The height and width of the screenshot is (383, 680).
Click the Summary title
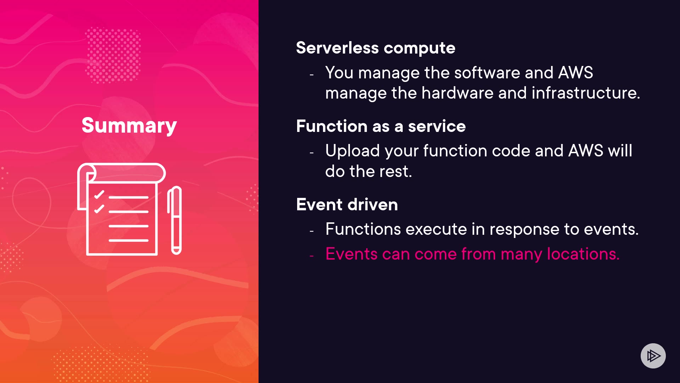pos(129,126)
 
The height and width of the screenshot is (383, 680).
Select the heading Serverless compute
pos(376,48)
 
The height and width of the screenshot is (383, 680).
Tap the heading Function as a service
pos(381,126)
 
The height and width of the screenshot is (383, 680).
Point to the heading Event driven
pos(347,205)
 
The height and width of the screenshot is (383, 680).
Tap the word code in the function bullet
pos(511,151)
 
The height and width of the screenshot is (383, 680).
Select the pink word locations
pos(583,254)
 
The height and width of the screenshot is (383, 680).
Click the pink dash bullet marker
pos(312,256)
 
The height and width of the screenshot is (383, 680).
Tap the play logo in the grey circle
pos(653,356)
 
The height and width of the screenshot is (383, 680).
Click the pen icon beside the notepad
pos(175,220)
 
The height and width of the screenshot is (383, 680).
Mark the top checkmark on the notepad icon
pos(99,195)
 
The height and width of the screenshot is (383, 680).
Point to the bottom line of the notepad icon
pos(129,240)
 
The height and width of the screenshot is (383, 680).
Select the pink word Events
pos(352,254)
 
